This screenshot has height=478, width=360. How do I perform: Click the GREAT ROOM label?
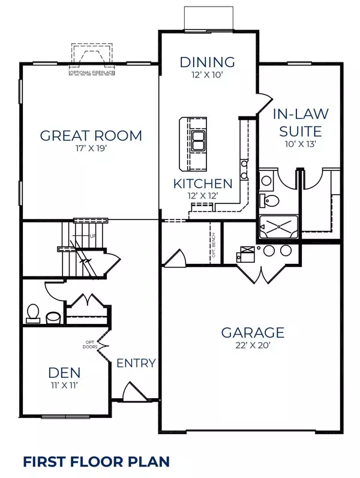click(91, 136)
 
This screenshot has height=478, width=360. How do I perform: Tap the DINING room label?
click(208, 62)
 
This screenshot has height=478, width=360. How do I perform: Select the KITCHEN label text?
click(203, 184)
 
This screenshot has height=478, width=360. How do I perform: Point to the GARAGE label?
click(253, 332)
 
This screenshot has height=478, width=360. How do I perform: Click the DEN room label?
click(64, 372)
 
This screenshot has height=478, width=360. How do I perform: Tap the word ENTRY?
click(136, 363)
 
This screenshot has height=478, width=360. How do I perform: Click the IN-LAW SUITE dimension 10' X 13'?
click(300, 144)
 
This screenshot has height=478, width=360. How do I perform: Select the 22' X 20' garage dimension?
click(253, 345)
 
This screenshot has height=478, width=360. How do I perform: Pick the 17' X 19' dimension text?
click(91, 149)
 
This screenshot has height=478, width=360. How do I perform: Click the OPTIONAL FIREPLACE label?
click(92, 73)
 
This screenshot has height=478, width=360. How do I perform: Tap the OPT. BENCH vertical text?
click(214, 245)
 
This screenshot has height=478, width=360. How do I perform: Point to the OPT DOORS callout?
click(90, 344)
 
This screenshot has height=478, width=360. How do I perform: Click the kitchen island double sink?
click(197, 140)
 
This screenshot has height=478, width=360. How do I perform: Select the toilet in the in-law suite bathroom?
click(269, 200)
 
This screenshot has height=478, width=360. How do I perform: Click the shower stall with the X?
click(278, 227)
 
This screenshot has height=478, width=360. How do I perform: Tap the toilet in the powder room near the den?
click(33, 314)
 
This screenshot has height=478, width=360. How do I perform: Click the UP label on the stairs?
click(93, 236)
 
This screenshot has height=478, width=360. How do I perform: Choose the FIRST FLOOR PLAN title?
click(97, 461)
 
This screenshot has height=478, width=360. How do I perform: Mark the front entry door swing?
click(134, 390)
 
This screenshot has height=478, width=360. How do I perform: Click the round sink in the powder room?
click(53, 318)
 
